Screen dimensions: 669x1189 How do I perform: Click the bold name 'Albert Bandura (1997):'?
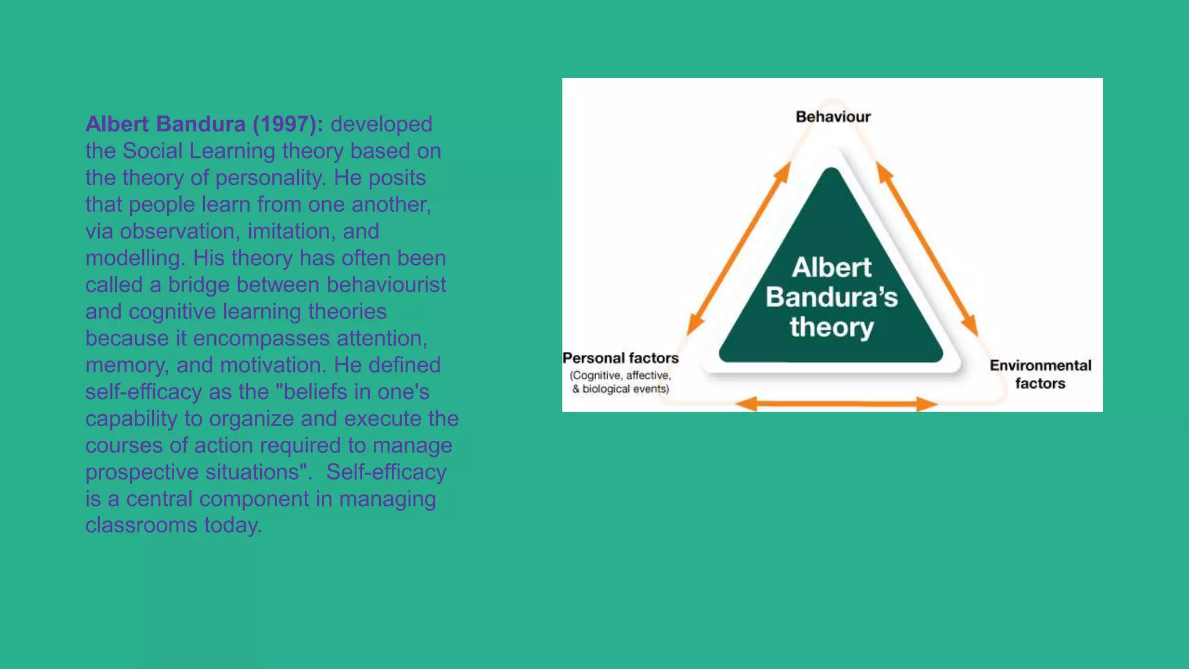pyautogui.click(x=204, y=124)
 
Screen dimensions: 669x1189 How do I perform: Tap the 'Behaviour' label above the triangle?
pyautogui.click(x=833, y=117)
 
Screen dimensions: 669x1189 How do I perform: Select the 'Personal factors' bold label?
pyautogui.click(x=621, y=358)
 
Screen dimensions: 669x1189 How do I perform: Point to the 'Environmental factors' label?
pyautogui.click(x=1040, y=374)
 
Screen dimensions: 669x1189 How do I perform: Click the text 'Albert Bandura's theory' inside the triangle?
pyautogui.click(x=831, y=297)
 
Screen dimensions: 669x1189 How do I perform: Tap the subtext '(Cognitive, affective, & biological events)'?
pyautogui.click(x=621, y=382)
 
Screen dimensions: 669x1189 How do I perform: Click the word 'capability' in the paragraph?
pyautogui.click(x=132, y=418)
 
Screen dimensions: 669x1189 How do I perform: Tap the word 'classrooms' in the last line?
pyautogui.click(x=141, y=525)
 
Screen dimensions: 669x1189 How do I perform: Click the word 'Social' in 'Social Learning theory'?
pyautogui.click(x=152, y=151)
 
